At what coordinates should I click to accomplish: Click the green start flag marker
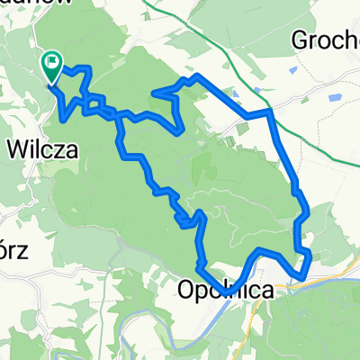(x=52, y=64)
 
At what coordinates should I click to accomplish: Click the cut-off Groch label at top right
(x=326, y=40)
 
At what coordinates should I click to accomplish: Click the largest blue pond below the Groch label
(x=337, y=95)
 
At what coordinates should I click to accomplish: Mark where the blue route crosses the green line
(x=269, y=112)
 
